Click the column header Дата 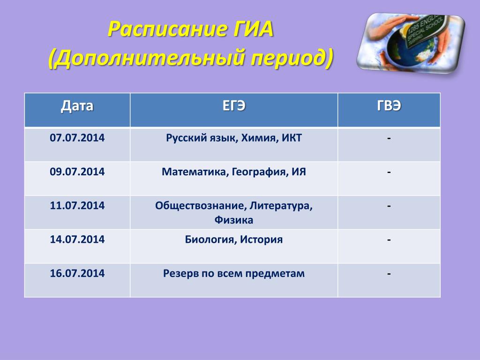77,106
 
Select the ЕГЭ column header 234,106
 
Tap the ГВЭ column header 389,106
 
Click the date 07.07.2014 77,138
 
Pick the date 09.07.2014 77,172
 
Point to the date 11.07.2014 77,205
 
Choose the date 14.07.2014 77,239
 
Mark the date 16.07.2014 77,273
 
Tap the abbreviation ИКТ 292,138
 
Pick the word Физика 234,220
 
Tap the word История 261,240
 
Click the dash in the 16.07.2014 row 389,274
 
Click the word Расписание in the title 168,30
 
